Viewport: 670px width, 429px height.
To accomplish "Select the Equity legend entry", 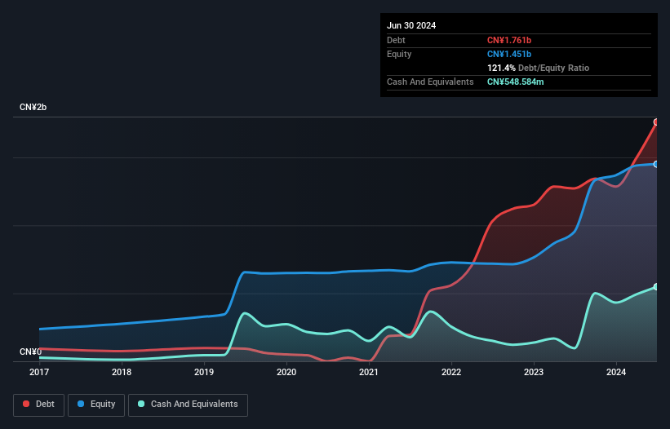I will click(96, 404).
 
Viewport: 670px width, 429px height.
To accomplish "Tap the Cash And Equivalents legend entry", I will click(188, 404).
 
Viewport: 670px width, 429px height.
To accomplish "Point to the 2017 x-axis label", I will click(39, 373).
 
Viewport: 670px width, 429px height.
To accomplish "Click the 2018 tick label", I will click(122, 373).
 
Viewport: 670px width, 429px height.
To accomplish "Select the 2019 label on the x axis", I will click(204, 373).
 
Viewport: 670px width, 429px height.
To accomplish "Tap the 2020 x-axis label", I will click(286, 373).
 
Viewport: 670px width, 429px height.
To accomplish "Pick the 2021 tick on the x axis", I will click(369, 373).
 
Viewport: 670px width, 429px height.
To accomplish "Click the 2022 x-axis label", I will click(451, 373).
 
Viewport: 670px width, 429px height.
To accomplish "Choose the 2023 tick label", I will click(534, 373).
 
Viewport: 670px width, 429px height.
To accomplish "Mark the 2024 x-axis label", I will click(616, 373).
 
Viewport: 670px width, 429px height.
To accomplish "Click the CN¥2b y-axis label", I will click(33, 108).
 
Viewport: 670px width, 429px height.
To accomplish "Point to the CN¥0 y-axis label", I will click(30, 352).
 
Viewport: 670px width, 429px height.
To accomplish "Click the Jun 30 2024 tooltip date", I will click(411, 25).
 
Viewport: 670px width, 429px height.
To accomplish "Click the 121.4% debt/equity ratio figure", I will click(501, 68).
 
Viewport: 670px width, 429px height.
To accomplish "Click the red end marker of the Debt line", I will click(656, 122).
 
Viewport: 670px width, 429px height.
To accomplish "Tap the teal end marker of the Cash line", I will click(656, 286).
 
